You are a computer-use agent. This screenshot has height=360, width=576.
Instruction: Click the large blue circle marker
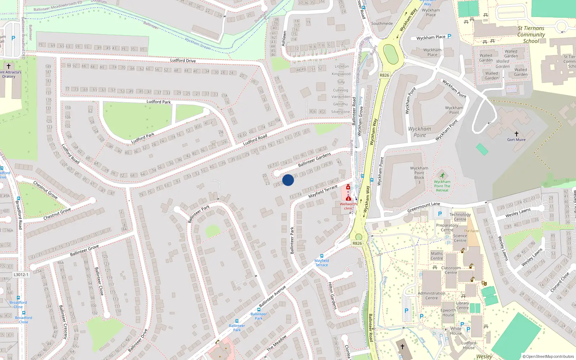click(x=288, y=180)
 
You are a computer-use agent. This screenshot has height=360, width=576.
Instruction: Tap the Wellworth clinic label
click(x=348, y=206)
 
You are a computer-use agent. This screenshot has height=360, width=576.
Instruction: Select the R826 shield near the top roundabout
click(x=384, y=75)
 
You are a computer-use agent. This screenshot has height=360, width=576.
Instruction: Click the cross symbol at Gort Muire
click(x=516, y=134)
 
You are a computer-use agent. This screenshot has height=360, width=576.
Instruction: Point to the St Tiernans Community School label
click(x=531, y=35)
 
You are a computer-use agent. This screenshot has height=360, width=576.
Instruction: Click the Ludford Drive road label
click(x=183, y=60)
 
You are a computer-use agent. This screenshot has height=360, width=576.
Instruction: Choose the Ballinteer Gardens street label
click(x=314, y=159)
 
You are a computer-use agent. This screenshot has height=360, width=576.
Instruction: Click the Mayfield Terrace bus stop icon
click(x=321, y=256)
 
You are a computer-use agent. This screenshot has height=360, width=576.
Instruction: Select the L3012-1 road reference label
click(x=21, y=275)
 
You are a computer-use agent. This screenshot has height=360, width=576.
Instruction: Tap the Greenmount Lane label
click(x=423, y=207)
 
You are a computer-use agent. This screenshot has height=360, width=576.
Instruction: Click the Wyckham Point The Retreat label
click(x=442, y=186)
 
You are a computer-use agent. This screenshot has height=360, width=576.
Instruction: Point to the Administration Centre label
click(x=431, y=296)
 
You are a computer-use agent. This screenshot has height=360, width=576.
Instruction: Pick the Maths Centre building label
click(x=437, y=256)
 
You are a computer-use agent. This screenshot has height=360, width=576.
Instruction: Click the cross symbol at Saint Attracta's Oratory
click(x=9, y=66)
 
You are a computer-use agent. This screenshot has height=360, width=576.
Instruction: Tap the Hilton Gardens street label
click(x=332, y=296)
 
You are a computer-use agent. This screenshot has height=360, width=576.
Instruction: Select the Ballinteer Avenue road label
click(x=272, y=296)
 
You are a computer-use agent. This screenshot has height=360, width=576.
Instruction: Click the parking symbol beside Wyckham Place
click(x=449, y=36)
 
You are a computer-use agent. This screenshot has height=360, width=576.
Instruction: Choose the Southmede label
click(x=382, y=23)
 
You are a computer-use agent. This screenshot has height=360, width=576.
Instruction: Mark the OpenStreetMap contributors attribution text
click(x=548, y=356)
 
